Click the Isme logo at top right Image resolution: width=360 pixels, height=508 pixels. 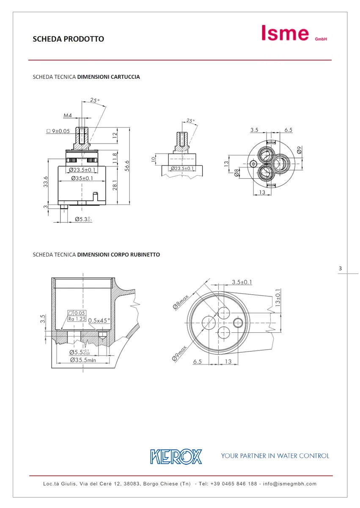pos(294,33)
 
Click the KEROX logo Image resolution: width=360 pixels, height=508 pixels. pos(176,456)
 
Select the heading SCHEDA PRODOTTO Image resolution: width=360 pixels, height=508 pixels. pos(69,39)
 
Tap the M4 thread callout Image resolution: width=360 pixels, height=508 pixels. pos(68,116)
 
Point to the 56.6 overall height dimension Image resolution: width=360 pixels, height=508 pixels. pos(127,166)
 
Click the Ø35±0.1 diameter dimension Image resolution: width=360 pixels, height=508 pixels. pos(82,178)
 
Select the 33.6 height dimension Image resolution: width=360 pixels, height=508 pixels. pos(46,182)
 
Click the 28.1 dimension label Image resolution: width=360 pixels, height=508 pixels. pos(115,185)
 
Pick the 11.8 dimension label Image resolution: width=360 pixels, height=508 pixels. pos(115,158)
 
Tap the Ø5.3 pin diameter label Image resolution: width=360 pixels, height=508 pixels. pos(83,219)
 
